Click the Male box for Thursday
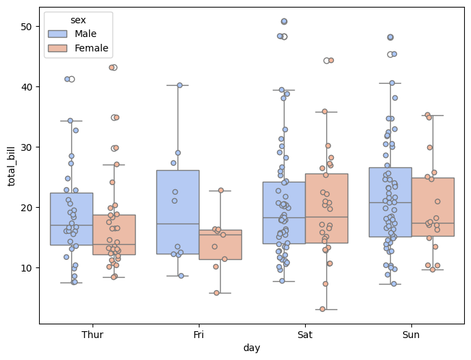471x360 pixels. pyautogui.click(x=71, y=219)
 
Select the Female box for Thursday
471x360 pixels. pyautogui.click(x=114, y=235)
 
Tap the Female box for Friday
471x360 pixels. pyautogui.click(x=220, y=244)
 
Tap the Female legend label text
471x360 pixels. pyautogui.click(x=92, y=48)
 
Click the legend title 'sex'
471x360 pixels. pyautogui.click(x=78, y=20)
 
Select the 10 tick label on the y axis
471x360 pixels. pyautogui.click(x=27, y=267)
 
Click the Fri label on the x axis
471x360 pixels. pyautogui.click(x=199, y=335)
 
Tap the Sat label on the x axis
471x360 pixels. pyautogui.click(x=305, y=335)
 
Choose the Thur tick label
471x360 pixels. pyautogui.click(x=93, y=335)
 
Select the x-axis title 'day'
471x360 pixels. pyautogui.click(x=252, y=348)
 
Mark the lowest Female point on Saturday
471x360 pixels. pyautogui.click(x=322, y=309)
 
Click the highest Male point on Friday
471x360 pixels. pyautogui.click(x=180, y=85)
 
